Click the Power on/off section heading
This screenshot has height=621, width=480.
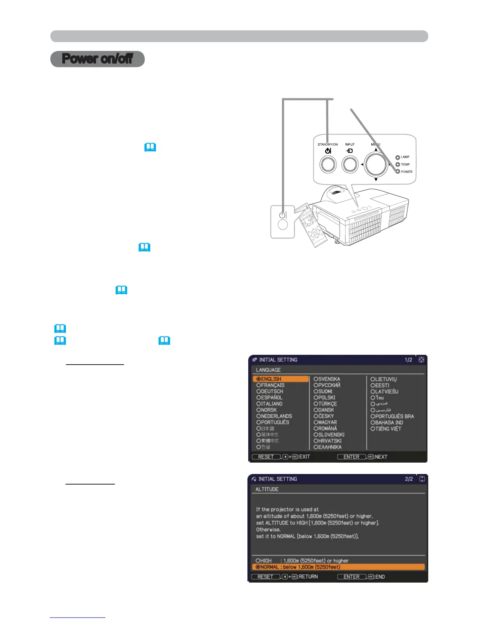(97, 59)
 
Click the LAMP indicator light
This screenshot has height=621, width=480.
(398, 157)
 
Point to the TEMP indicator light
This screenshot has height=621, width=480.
(398, 165)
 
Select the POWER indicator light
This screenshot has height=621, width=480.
(398, 172)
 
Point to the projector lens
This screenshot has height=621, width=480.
(335, 192)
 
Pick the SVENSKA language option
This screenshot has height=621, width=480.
(327, 379)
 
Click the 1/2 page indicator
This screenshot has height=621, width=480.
(408, 360)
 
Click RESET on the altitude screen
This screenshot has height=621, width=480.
(265, 577)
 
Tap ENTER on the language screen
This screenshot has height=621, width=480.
(351, 457)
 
